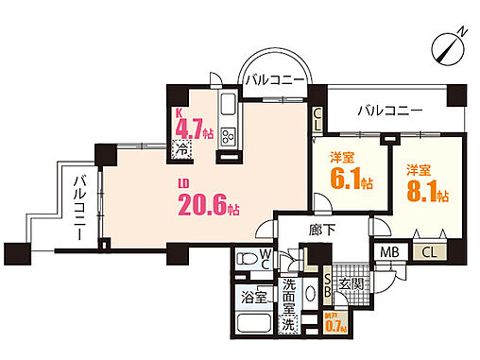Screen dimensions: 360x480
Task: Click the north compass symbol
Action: (452, 43)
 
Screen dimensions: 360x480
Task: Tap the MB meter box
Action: (389, 252)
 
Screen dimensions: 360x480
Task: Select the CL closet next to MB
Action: (428, 252)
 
